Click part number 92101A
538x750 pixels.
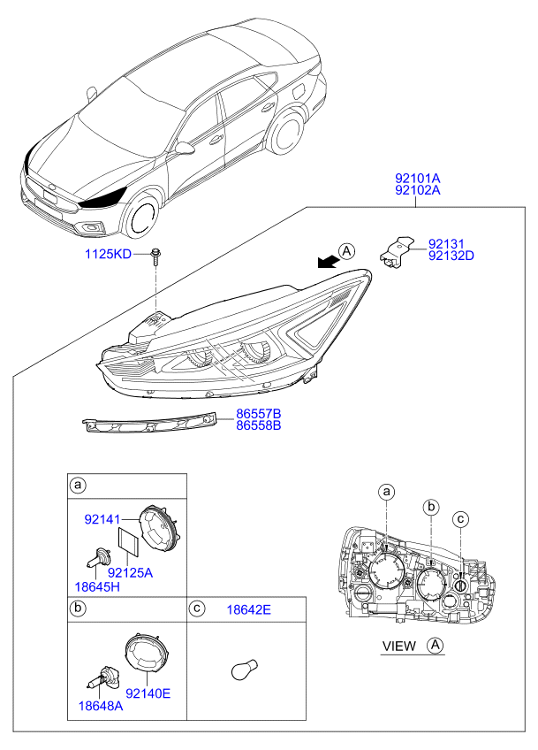[417, 179]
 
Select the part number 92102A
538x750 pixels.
[417, 190]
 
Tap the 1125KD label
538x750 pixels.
[108, 254]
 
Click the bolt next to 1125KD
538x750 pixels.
[155, 256]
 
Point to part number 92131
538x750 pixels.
[446, 244]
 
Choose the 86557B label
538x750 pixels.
[259, 414]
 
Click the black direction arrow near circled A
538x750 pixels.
[329, 261]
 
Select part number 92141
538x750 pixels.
[102, 519]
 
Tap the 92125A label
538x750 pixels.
[130, 572]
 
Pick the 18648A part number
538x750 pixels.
[101, 706]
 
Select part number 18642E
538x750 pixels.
[248, 610]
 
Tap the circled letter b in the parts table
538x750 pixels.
[77, 608]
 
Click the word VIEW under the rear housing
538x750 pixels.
[399, 647]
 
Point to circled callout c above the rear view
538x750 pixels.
[460, 519]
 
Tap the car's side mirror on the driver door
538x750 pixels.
[184, 149]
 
